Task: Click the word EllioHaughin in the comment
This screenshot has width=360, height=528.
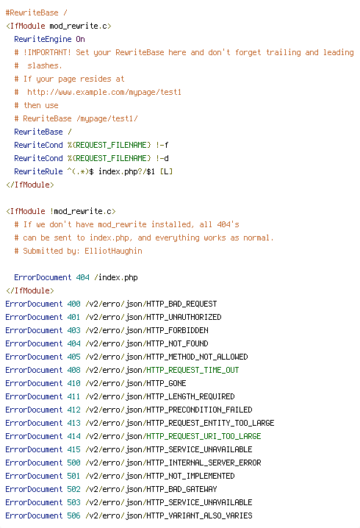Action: coord(113,251)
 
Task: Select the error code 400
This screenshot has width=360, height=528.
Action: coord(73,304)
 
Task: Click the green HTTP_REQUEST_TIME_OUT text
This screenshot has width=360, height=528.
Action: coord(192,370)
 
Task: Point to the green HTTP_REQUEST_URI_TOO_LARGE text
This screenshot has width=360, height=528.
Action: coord(204,436)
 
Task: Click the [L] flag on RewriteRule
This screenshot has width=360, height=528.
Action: coord(166,172)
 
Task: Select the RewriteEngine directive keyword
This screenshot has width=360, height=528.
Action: coord(43,40)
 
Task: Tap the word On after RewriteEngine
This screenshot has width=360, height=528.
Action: coord(80,40)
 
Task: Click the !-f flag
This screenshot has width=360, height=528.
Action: coord(162,145)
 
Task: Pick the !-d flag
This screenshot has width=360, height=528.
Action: coord(162,158)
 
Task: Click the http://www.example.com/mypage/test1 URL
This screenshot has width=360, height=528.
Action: coord(104,92)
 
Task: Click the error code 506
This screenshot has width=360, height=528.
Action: coord(73,516)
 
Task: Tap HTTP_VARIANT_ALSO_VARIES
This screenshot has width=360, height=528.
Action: coord(199,516)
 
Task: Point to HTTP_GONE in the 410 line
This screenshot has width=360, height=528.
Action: coord(166,384)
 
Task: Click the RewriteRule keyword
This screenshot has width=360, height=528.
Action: coord(38,172)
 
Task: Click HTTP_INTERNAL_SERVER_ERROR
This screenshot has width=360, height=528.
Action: coord(204,463)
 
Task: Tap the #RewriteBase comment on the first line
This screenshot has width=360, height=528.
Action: coord(32,13)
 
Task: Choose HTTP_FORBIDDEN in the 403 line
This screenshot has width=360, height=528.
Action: coord(177,331)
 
